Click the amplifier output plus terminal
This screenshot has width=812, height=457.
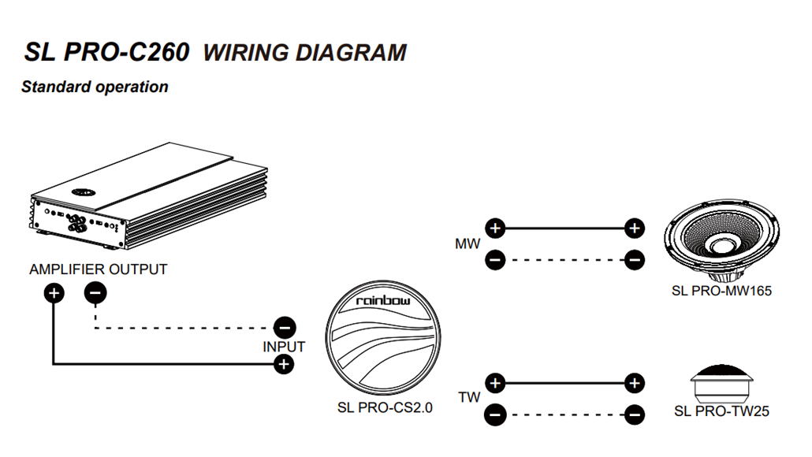[54, 294]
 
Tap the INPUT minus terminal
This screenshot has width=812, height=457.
[284, 327]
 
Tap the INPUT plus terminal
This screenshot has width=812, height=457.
[284, 363]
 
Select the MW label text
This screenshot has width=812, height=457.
[467, 244]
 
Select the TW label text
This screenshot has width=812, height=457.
[469, 398]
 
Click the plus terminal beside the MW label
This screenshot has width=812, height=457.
[494, 229]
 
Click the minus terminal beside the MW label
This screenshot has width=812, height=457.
[494, 259]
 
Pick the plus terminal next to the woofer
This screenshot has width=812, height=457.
[634, 229]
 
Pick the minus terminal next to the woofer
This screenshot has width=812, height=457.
[634, 259]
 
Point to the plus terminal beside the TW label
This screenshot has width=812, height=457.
[494, 384]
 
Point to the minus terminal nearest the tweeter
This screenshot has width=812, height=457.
[634, 414]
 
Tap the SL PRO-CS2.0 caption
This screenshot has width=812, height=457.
[384, 408]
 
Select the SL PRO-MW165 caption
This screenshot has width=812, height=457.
[721, 291]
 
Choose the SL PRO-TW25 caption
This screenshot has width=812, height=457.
[721, 411]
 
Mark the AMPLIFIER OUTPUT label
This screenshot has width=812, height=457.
[99, 269]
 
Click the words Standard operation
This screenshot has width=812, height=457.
[95, 87]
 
